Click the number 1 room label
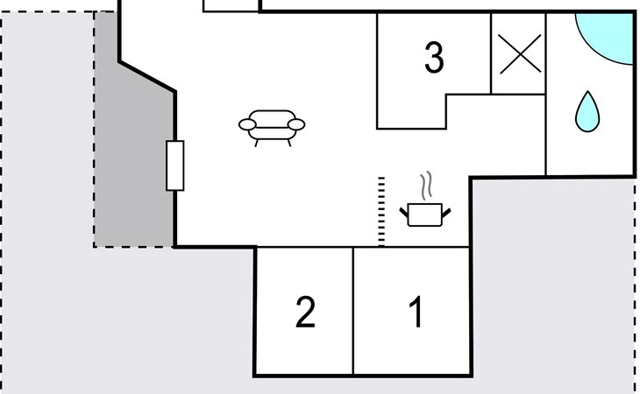point(416,313)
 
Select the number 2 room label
point(305,313)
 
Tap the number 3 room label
point(433,58)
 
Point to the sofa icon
point(272,125)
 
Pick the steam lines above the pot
point(426,186)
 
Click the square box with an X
point(517,54)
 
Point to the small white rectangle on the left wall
point(175,165)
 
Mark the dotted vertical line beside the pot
point(381,210)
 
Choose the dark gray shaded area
point(132,158)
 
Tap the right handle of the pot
point(448,210)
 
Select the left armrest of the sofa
point(246,124)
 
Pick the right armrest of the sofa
point(298,124)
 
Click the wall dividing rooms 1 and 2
point(353,311)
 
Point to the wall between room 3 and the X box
point(490,53)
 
